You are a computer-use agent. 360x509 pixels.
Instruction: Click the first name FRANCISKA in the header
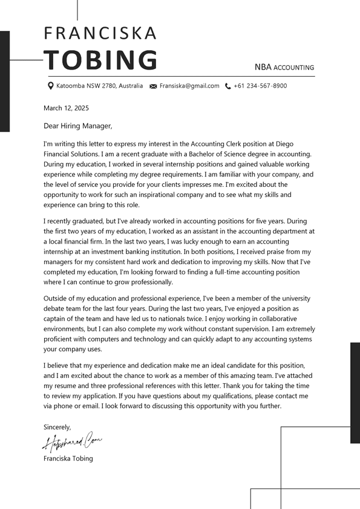tap(100, 33)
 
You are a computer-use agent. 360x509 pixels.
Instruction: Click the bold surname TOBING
tap(100, 60)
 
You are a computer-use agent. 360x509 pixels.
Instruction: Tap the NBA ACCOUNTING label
tap(284, 67)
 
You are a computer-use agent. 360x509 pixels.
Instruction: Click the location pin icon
tap(51, 86)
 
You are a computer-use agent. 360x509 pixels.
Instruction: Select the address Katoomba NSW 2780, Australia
tap(100, 86)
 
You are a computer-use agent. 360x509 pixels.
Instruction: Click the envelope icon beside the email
tap(153, 86)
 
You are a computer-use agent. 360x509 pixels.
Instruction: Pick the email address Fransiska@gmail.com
tap(189, 86)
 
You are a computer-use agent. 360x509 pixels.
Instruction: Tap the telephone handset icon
tap(227, 86)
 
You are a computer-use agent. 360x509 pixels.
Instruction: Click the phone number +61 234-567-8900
tap(260, 86)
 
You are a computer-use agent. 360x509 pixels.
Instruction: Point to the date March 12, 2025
tap(66, 108)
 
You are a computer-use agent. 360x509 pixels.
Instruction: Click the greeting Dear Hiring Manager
tap(78, 126)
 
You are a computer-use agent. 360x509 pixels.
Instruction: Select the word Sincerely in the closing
tap(57, 427)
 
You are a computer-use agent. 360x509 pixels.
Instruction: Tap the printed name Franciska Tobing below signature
tap(68, 458)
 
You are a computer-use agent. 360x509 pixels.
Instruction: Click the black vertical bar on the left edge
tap(5, 81)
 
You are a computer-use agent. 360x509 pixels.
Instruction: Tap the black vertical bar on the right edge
tap(355, 393)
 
